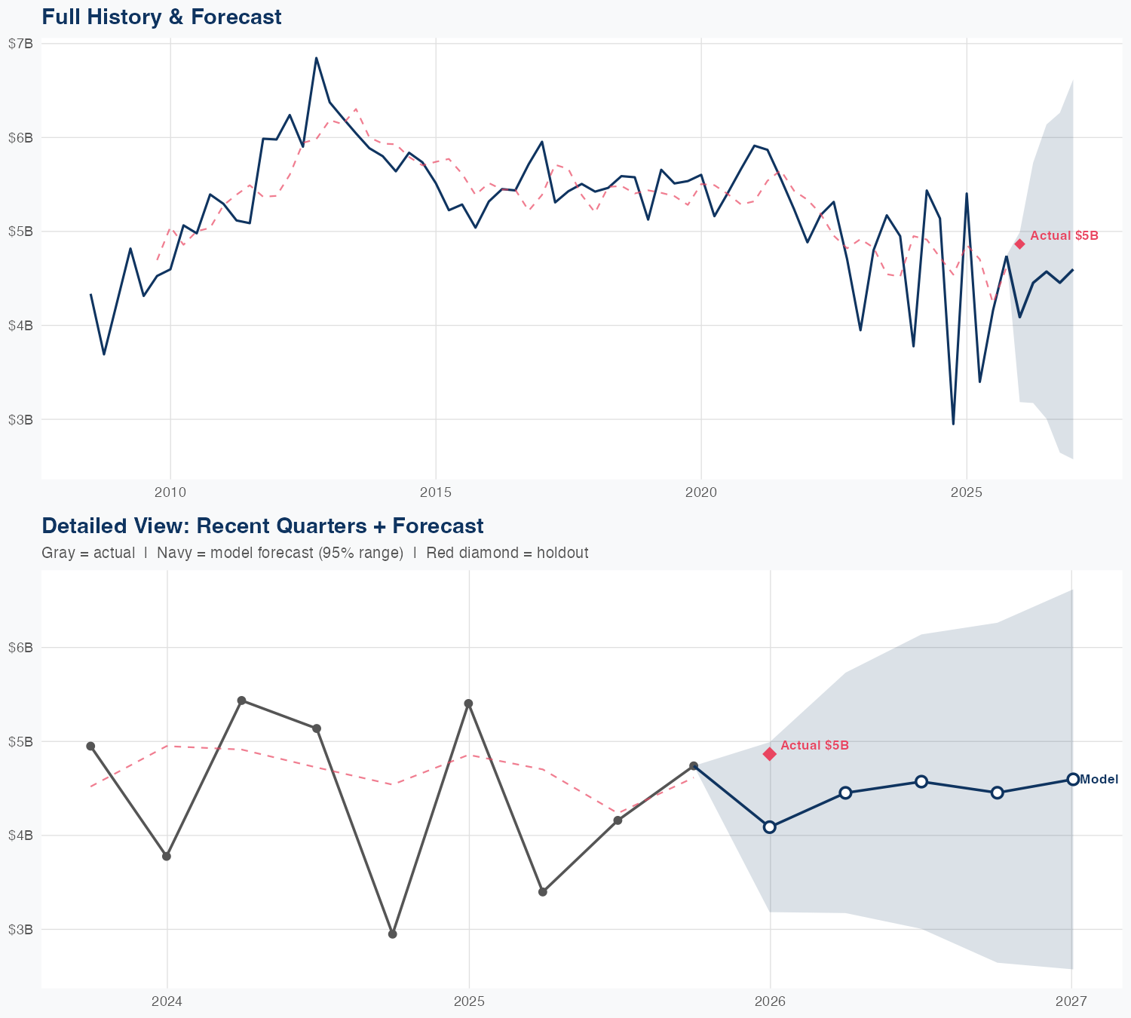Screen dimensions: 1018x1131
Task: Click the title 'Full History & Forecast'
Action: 161,17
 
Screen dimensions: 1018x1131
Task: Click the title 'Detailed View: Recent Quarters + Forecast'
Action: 262,526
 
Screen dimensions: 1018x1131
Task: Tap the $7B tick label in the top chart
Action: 21,44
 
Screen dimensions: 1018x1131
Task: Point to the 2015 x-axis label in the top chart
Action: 435,493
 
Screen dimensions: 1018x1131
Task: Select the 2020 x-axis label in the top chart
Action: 700,493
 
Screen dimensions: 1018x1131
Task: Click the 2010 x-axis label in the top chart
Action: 170,493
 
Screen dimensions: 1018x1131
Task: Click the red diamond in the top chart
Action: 1019,244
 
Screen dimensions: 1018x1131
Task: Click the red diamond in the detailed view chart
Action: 770,754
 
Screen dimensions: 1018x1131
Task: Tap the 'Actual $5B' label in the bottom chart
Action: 814,745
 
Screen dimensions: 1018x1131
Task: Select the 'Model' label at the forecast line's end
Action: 1099,780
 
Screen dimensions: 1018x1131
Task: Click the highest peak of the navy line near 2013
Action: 316,58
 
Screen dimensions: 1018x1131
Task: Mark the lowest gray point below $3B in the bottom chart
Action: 392,934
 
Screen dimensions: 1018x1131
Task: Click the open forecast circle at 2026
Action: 770,827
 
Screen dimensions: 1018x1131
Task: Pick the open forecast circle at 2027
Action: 1072,779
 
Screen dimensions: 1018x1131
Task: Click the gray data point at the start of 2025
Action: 468,704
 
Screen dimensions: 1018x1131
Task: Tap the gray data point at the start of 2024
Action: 167,856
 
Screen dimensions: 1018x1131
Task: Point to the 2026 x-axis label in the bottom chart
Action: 770,1001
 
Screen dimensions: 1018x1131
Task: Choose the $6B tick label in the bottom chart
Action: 21,648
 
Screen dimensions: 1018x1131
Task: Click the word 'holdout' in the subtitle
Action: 564,553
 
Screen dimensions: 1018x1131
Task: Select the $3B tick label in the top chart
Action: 21,419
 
